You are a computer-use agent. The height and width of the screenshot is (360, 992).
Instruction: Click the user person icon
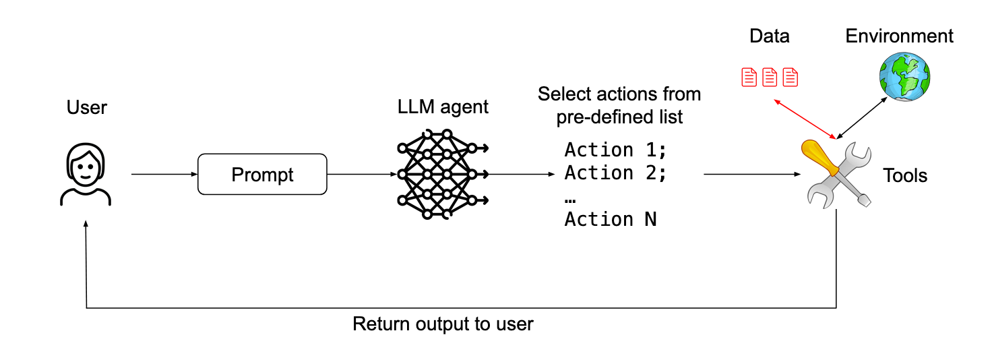[x=86, y=175]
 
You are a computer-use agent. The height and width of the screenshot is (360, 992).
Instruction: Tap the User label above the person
[x=86, y=108]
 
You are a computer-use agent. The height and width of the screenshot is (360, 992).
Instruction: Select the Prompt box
[x=262, y=175]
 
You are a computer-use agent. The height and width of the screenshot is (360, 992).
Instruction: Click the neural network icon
[x=442, y=175]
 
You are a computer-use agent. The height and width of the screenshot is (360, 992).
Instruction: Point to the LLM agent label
[x=443, y=107]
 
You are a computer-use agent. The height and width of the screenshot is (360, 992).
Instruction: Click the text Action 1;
[x=615, y=150]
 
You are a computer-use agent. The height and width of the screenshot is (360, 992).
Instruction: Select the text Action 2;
[x=615, y=173]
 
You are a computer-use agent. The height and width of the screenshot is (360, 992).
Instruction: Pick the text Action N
[x=610, y=219]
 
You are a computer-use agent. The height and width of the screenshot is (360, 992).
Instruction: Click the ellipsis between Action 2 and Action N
[x=571, y=199]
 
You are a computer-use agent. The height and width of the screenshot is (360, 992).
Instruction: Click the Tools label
[x=905, y=176]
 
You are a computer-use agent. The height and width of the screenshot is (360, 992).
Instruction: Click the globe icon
[x=904, y=78]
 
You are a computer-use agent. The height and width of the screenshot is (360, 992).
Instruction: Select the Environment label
[x=899, y=36]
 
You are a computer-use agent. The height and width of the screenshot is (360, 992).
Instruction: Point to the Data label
[x=769, y=36]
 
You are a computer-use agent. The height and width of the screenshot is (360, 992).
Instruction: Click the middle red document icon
[x=769, y=78]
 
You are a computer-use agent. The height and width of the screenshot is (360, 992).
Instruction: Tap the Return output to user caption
[x=443, y=324]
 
